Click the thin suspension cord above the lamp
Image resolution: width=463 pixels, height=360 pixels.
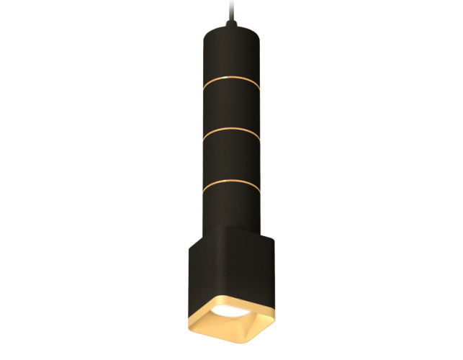coord(230,9)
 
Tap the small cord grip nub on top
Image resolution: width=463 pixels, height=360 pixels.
coord(231,24)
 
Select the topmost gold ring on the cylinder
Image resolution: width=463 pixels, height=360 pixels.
coord(230,79)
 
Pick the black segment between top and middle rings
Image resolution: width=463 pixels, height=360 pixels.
coord(230,107)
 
